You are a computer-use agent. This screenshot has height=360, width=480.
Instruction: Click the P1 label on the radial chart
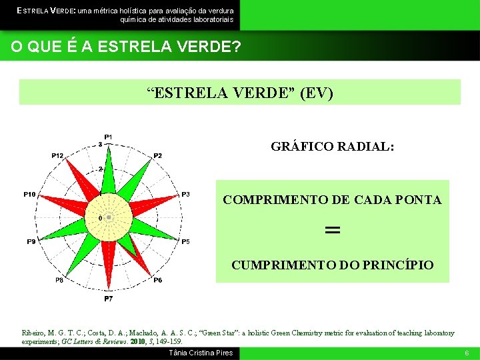[x=108, y=137]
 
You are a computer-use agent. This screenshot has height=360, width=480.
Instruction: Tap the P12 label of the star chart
[x=58, y=155]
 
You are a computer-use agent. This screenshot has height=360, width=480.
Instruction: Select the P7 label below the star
[x=108, y=299]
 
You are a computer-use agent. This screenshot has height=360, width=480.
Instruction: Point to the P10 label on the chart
[x=29, y=194]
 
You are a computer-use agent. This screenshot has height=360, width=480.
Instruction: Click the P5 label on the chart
[x=185, y=241]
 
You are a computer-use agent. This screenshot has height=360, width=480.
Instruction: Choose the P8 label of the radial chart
[x=59, y=281]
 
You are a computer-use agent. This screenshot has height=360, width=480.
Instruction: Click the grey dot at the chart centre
[x=109, y=217]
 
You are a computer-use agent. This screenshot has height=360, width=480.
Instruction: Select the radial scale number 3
[x=100, y=144]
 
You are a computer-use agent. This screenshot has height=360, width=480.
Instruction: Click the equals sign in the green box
[x=332, y=230]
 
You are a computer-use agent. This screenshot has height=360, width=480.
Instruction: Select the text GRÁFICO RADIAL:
[x=332, y=146]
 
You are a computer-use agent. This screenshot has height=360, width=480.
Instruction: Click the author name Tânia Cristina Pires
[x=201, y=353]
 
